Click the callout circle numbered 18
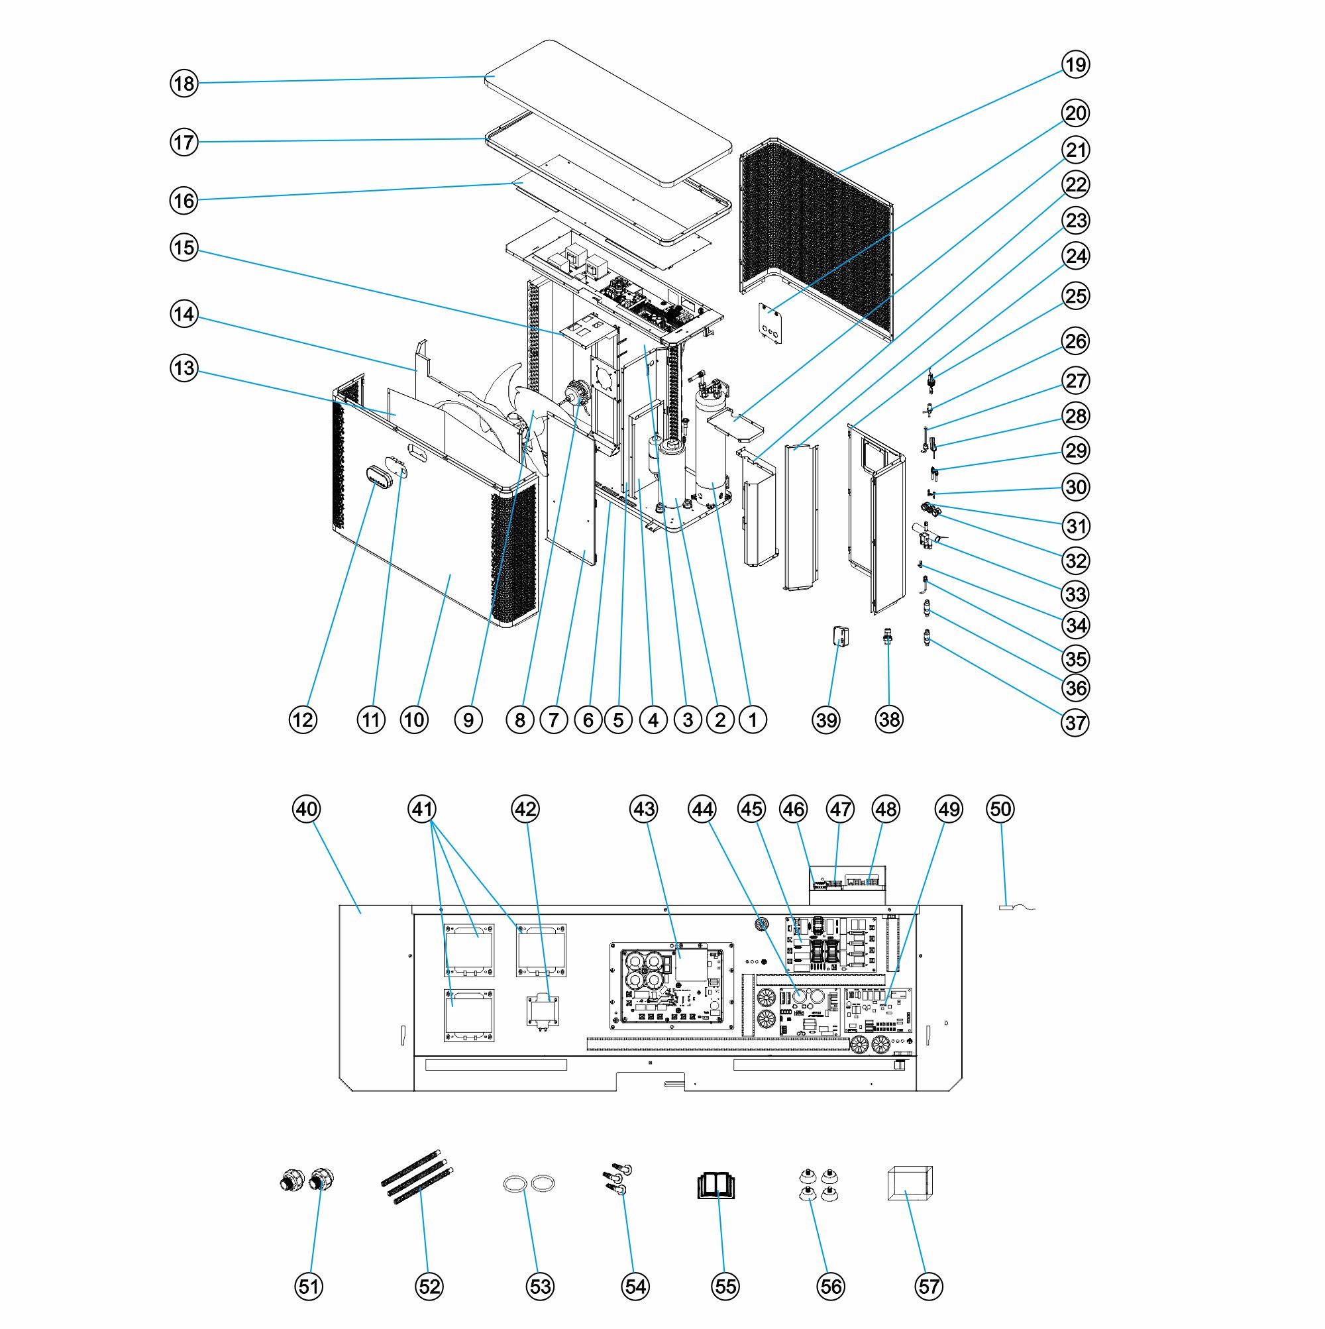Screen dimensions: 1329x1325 point(184,83)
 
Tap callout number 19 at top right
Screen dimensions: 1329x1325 point(1075,65)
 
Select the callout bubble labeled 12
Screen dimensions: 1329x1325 point(302,720)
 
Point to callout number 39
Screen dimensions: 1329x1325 point(825,720)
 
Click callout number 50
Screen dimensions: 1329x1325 point(1000,809)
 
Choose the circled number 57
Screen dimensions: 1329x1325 point(929,1287)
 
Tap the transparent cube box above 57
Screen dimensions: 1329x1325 point(910,1183)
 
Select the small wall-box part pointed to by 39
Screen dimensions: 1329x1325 point(840,636)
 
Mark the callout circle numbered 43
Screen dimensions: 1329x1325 point(643,809)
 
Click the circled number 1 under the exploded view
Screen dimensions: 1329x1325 point(752,720)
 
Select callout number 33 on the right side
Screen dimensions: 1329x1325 point(1075,594)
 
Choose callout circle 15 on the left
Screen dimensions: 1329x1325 point(184,248)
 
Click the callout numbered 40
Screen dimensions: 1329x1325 point(306,809)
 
